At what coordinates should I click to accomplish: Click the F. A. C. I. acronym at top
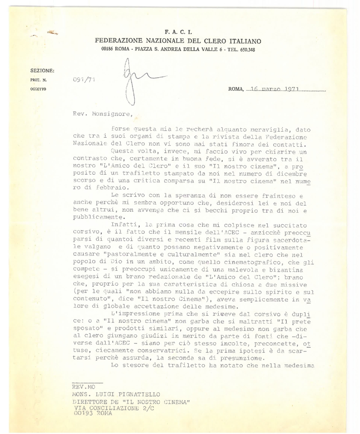click(x=178, y=31)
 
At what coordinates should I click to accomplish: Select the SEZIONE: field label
click(x=42, y=71)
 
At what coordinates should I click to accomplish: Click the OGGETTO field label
click(x=39, y=89)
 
